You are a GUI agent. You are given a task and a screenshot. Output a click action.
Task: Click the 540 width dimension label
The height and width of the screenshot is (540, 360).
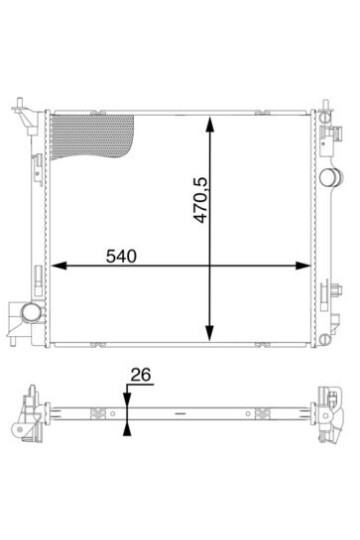[x=121, y=256]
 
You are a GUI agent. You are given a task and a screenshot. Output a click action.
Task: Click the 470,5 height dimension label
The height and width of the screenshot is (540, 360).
[x=201, y=200]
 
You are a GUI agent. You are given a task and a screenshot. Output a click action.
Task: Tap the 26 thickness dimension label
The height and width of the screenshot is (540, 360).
[x=141, y=375]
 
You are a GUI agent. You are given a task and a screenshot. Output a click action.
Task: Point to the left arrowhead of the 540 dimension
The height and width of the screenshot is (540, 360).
[x=59, y=266]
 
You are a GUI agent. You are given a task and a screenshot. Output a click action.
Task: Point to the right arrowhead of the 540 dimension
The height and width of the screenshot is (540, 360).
[x=303, y=266]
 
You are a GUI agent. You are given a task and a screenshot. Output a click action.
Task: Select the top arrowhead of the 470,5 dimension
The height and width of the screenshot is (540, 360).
[x=209, y=124]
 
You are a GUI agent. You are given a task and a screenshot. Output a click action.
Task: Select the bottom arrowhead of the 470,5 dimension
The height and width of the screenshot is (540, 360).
[x=209, y=333]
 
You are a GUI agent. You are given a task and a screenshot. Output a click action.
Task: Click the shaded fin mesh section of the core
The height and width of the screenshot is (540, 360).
[x=92, y=137]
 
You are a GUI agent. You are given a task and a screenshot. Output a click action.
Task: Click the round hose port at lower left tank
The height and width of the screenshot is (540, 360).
[x=31, y=312]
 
